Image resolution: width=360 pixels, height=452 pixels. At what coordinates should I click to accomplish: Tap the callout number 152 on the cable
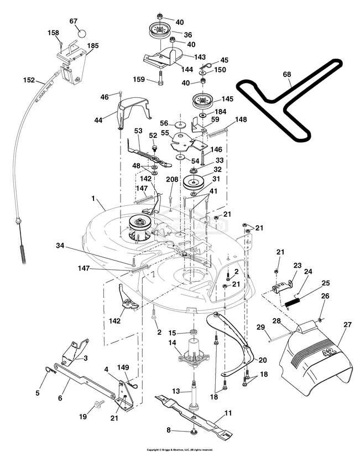tap(29, 80)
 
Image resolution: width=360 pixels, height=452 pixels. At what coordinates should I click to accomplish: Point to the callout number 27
tap(347, 325)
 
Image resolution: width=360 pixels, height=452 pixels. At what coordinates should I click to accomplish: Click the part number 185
tap(93, 46)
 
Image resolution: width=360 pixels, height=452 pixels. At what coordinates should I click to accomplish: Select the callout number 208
tap(172, 180)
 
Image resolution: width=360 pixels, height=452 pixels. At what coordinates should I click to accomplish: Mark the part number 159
tap(139, 80)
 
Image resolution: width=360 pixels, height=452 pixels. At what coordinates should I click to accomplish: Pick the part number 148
tap(241, 120)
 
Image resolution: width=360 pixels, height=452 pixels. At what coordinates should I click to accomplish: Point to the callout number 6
tap(60, 382)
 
